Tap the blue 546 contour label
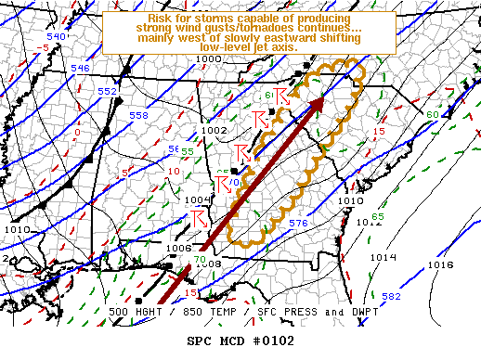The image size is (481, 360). [81, 68]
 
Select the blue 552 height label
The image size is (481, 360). [108, 91]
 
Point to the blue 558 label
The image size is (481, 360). [138, 115]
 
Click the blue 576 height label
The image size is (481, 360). [298, 224]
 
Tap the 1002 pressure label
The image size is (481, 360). [214, 131]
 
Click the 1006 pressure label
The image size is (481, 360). [179, 248]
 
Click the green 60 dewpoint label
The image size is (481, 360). [432, 114]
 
